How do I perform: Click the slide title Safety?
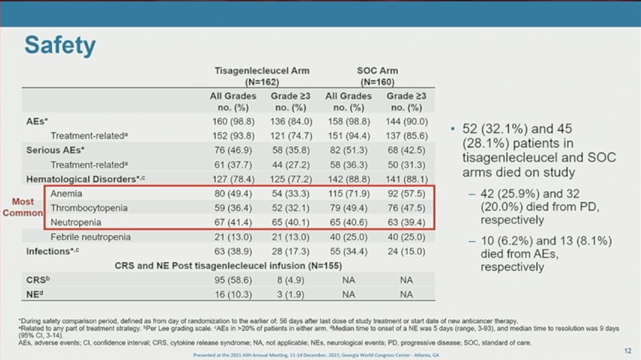click(x=60, y=46)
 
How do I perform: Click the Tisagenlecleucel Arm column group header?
click(x=262, y=76)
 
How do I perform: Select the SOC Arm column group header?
click(x=377, y=76)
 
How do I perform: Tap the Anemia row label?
click(x=67, y=194)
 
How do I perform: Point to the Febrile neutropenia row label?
click(x=90, y=237)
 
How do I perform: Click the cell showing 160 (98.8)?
click(x=233, y=121)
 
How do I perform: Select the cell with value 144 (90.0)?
click(x=407, y=121)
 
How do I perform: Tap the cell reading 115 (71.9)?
click(x=348, y=194)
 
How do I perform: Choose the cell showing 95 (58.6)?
click(x=233, y=279)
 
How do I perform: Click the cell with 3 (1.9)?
click(x=291, y=294)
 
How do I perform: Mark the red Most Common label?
click(x=22, y=207)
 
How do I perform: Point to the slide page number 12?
click(x=627, y=350)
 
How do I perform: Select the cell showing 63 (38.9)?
click(x=233, y=251)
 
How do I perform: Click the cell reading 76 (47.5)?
click(x=407, y=208)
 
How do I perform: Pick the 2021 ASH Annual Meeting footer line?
click(x=320, y=355)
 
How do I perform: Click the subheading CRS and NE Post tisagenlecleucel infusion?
click(x=228, y=265)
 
